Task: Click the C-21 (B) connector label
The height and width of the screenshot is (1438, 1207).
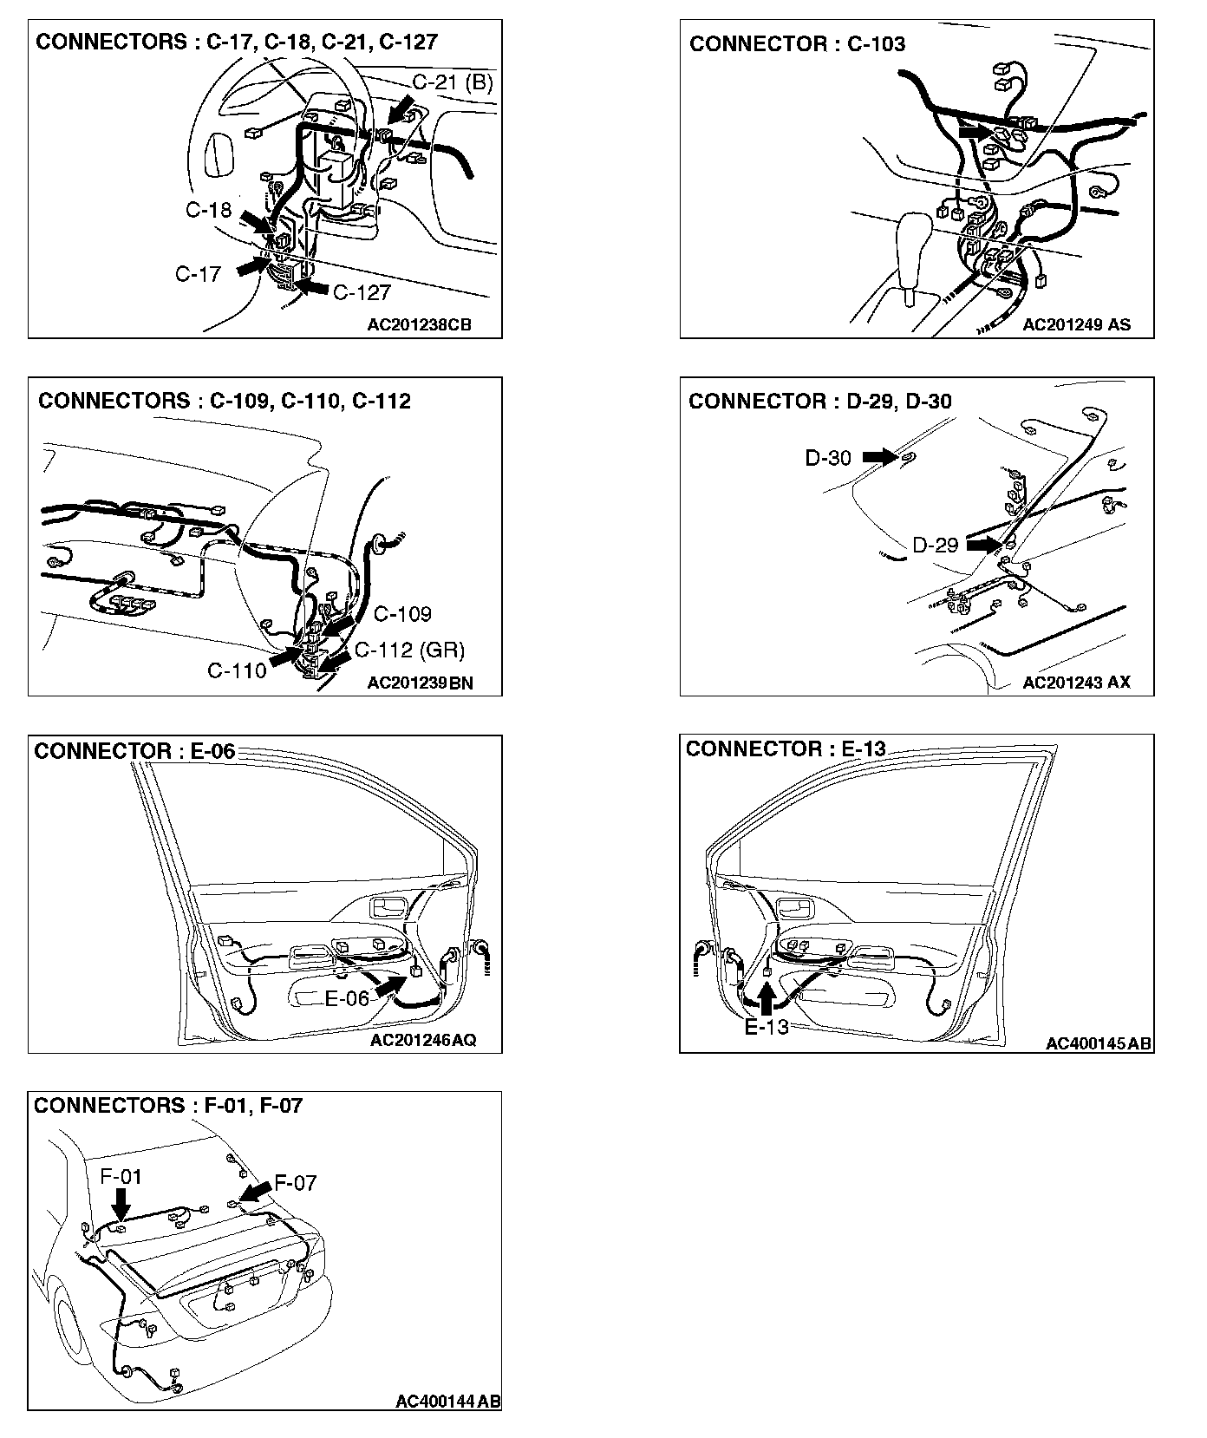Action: [452, 83]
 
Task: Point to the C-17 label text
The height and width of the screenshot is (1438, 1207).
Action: [199, 274]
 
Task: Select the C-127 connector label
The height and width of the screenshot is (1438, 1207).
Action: [362, 292]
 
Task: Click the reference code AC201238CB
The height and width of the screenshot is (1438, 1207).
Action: [420, 325]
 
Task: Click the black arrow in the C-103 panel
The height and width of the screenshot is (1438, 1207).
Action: [975, 132]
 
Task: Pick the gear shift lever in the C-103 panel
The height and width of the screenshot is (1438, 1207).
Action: [911, 252]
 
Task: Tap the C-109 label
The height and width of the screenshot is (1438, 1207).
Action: [402, 614]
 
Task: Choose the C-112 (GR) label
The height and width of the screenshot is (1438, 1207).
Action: [409, 650]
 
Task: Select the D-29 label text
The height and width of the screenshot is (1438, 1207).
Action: [935, 546]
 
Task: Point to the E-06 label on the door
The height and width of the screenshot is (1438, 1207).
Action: [347, 998]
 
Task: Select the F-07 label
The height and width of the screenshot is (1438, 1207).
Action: [295, 1183]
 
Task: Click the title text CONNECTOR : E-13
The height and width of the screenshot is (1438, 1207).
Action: [786, 748]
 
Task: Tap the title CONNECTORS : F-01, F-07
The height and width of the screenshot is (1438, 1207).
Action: [168, 1106]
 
